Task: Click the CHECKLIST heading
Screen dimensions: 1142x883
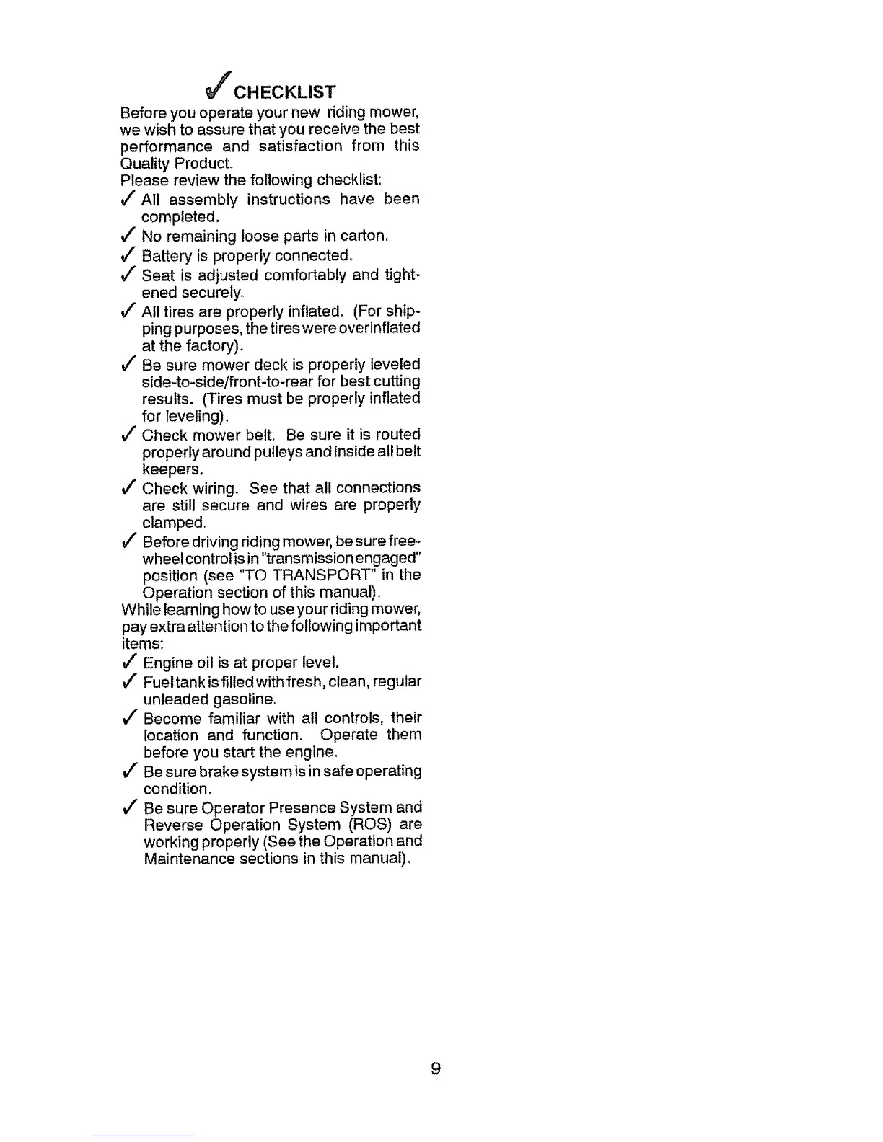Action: [285, 92]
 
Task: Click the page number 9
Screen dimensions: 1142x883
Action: [435, 1068]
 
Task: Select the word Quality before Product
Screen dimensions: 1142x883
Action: [145, 164]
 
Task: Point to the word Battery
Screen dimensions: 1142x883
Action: [166, 256]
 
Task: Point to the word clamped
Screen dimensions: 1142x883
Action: [174, 523]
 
